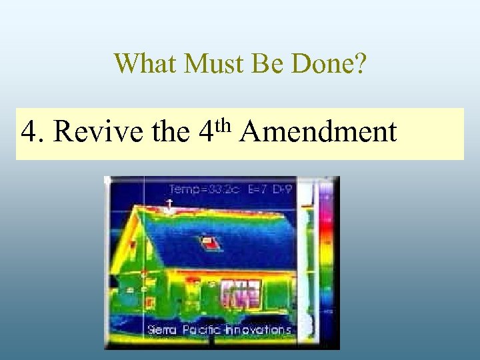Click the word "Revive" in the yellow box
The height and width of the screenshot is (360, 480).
click(99, 132)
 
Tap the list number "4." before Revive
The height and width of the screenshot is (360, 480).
click(33, 132)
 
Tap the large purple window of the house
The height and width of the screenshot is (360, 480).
click(240, 293)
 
